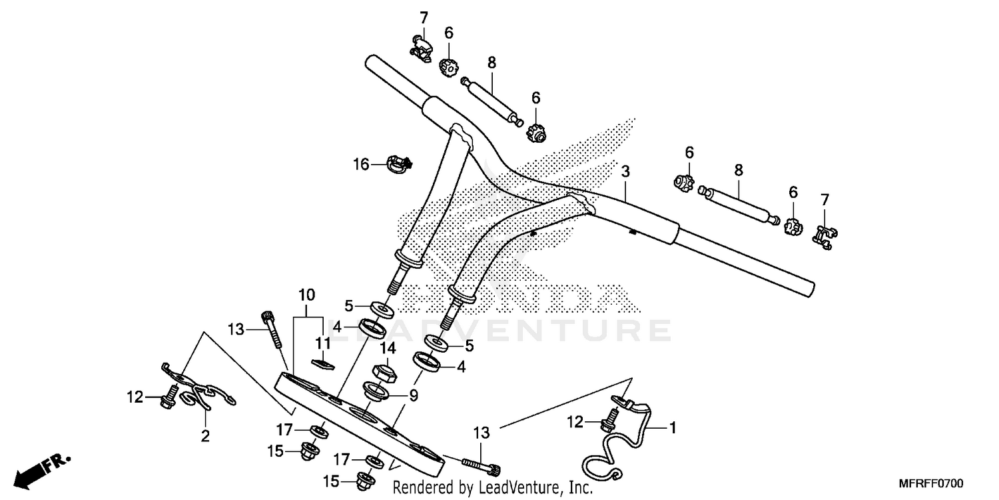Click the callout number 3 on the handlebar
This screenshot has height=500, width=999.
pyautogui.click(x=625, y=172)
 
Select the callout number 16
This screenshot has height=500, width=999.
pyautogui.click(x=360, y=164)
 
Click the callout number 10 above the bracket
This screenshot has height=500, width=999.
pyautogui.click(x=306, y=295)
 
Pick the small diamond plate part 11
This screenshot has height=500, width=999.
pyautogui.click(x=322, y=363)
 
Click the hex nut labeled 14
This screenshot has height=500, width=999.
pyautogui.click(x=384, y=372)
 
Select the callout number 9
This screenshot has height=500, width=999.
pyautogui.click(x=413, y=395)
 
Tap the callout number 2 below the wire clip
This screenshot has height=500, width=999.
pyautogui.click(x=205, y=437)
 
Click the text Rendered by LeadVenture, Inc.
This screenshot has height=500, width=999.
pyautogui.click(x=492, y=488)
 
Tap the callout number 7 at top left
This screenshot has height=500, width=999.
pyautogui.click(x=422, y=17)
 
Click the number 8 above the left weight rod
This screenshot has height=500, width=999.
pyautogui.click(x=492, y=63)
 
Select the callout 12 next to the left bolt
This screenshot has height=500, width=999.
pyautogui.click(x=135, y=397)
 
